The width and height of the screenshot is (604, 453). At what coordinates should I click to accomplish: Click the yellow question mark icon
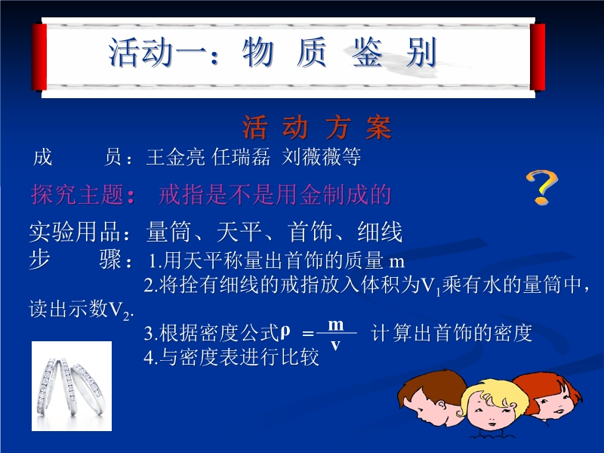coord(542,187)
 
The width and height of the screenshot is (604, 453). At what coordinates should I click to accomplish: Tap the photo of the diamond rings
coord(72,386)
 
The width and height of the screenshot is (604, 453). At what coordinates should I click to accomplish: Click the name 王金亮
coord(175,157)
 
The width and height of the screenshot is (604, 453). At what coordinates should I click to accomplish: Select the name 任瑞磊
coord(241,157)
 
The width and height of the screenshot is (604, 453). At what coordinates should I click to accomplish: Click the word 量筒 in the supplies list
coord(168,232)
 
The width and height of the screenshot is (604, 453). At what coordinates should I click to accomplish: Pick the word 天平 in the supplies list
coord(239,232)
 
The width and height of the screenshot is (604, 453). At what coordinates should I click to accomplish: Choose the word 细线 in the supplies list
coord(380,232)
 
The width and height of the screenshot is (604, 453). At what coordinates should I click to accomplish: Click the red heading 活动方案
coord(317,128)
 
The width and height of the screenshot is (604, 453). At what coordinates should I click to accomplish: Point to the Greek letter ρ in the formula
coord(285,331)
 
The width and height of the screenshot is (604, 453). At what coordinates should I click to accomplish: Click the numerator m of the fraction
coord(335,325)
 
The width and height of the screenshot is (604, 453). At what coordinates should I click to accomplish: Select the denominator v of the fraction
coord(335,345)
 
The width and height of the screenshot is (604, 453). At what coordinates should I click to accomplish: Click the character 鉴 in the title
coord(367,52)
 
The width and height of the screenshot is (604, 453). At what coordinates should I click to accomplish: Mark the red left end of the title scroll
coord(39,57)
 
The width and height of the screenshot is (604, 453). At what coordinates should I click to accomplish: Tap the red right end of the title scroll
coord(538,57)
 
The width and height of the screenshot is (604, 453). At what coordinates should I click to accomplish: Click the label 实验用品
coord(75,232)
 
